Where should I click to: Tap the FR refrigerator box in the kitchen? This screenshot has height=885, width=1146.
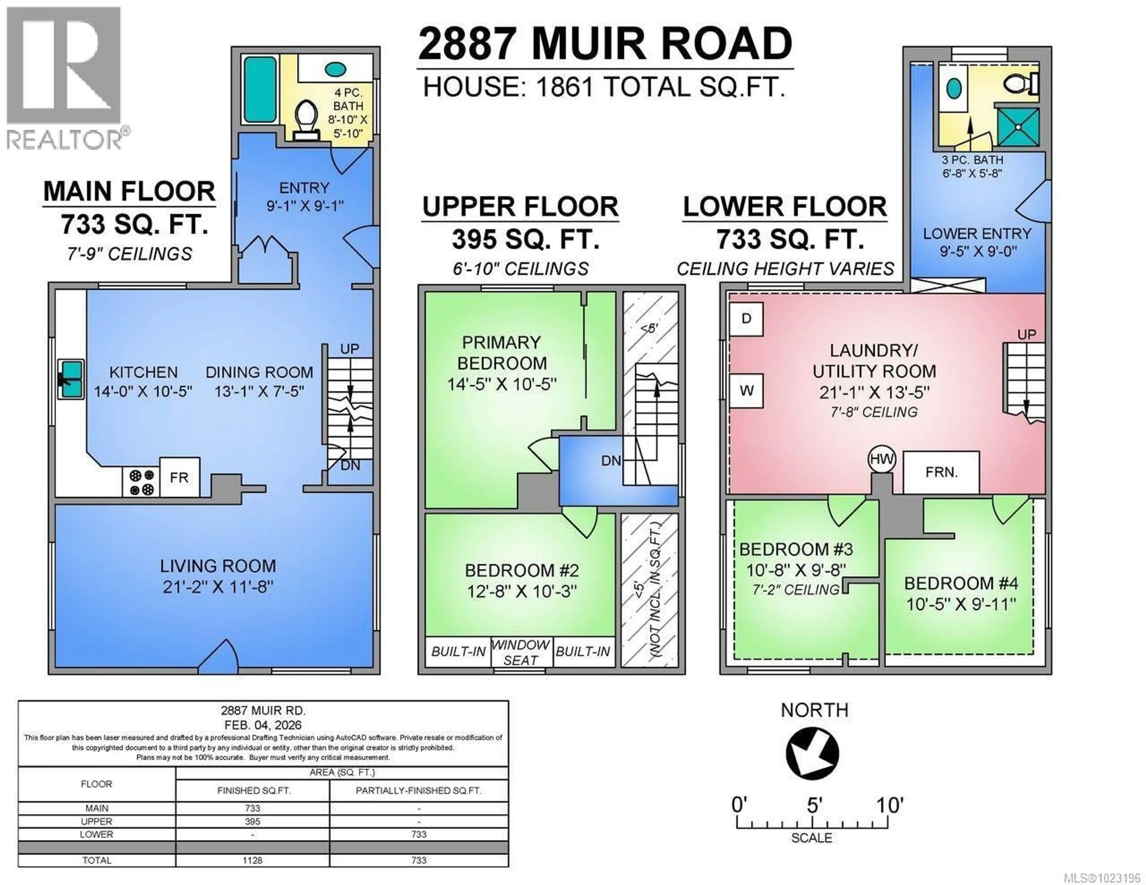(x=179, y=477)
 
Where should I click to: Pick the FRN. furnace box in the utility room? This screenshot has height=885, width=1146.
(x=941, y=472)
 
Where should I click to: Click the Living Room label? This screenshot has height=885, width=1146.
(x=218, y=566)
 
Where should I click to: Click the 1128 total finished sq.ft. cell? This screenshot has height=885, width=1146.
(x=252, y=860)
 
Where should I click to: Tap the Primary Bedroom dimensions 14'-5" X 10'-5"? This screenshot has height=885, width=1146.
(x=501, y=384)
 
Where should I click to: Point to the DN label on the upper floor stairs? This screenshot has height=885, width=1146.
(x=611, y=461)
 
